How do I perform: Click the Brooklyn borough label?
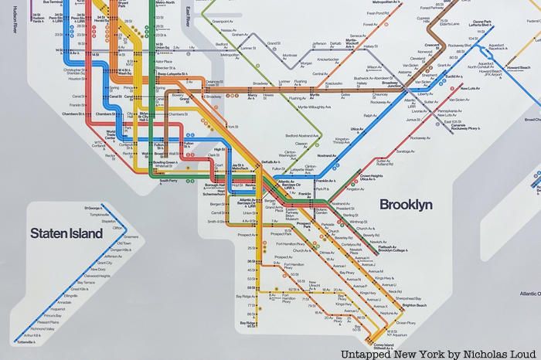(405, 205)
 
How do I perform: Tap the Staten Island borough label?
(66, 233)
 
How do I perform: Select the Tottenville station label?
(28, 342)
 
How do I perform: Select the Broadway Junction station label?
(397, 84)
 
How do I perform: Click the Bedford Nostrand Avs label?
(279, 134)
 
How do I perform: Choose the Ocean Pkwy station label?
(385, 323)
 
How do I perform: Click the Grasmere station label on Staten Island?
(128, 237)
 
